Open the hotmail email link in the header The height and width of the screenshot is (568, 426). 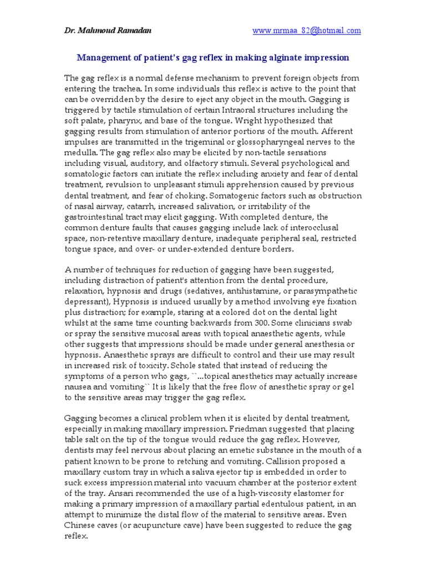307,31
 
